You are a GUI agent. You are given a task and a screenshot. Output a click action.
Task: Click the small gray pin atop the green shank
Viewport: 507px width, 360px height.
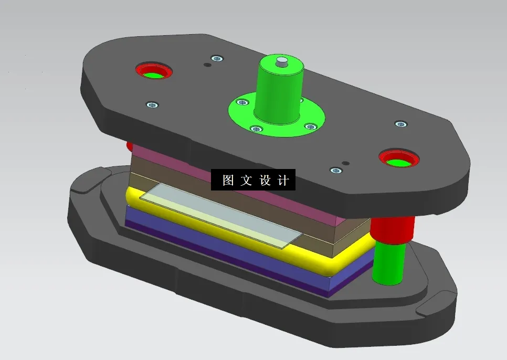282,61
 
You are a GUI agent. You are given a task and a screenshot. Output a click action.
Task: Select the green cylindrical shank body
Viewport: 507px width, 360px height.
279,92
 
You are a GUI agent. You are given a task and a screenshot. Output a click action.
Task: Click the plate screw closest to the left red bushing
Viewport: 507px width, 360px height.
152,104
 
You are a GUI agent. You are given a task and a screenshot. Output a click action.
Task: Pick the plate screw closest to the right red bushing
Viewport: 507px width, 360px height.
401,124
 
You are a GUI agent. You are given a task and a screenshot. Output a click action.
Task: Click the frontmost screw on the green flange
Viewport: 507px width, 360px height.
256,129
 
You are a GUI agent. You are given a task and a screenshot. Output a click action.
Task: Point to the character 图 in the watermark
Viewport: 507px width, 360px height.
228,181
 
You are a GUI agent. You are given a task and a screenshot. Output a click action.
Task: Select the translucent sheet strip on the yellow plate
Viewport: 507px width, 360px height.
220,215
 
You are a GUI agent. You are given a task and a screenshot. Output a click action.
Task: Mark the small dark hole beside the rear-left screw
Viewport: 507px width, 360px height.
207,65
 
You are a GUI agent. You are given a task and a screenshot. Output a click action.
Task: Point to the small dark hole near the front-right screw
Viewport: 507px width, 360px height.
345,163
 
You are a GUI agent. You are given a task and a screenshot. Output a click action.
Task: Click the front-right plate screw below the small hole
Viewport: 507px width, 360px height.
336,171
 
